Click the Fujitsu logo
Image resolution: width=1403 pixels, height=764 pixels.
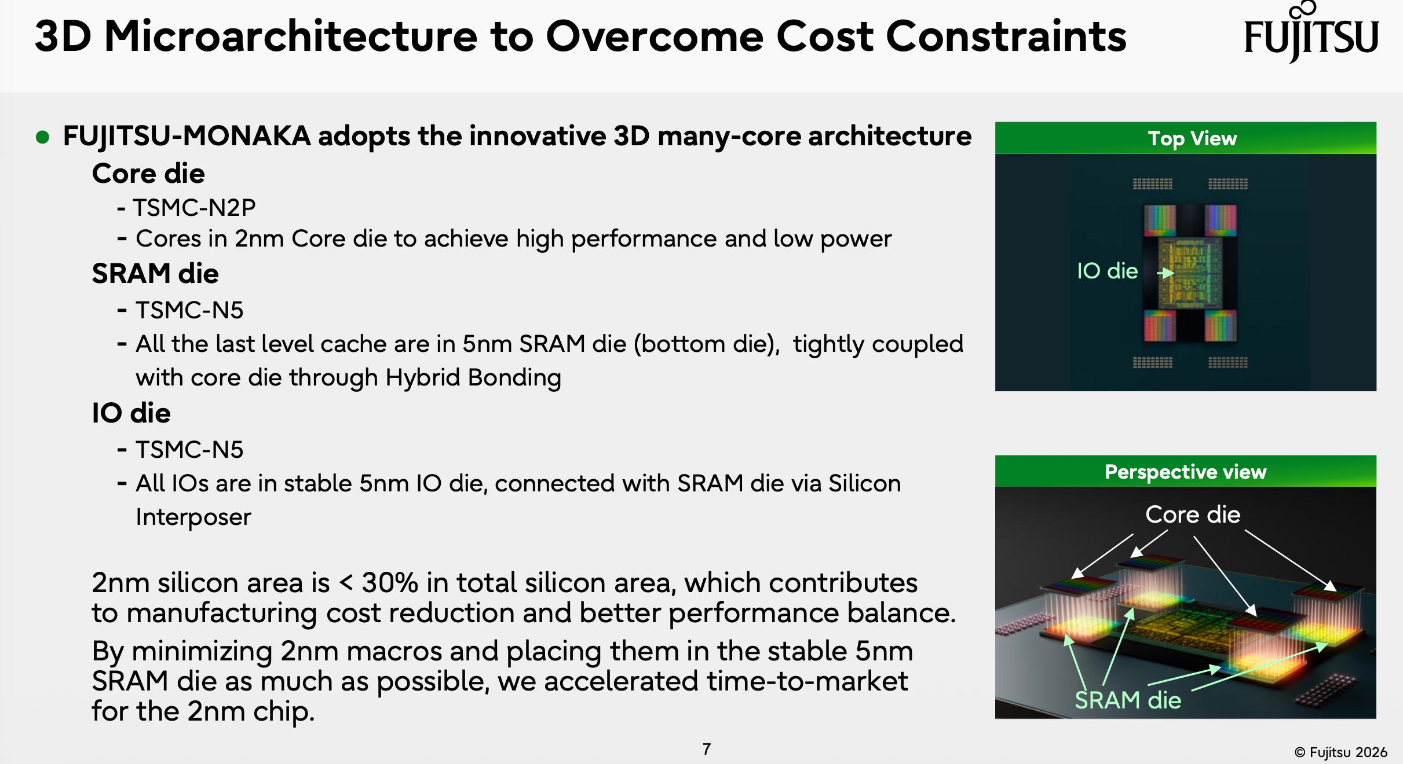(x=1311, y=32)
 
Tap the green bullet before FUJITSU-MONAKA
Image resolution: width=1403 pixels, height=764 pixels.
(x=42, y=137)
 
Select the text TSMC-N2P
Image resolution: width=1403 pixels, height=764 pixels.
(x=195, y=208)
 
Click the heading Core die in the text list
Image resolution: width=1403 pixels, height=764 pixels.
(x=148, y=174)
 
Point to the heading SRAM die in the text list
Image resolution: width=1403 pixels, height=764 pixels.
(x=155, y=274)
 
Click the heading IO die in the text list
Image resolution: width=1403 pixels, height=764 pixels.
(x=131, y=413)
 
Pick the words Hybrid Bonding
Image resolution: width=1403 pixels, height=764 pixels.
(x=473, y=378)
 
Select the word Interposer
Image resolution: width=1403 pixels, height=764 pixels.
(x=193, y=517)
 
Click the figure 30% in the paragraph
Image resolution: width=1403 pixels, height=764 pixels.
(x=390, y=583)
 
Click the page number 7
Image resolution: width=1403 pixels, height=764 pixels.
(x=707, y=749)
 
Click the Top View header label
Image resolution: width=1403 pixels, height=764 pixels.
(x=1193, y=139)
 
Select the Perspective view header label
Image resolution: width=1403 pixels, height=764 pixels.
(x=1186, y=472)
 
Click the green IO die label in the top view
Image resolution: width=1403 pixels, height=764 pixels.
(x=1108, y=271)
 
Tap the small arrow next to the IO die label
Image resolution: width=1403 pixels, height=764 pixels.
(x=1165, y=273)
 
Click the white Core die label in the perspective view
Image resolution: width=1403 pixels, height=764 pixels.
(x=1193, y=515)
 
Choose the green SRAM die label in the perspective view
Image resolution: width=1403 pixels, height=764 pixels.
(x=1128, y=700)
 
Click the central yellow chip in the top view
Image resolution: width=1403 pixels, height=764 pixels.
(x=1190, y=272)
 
